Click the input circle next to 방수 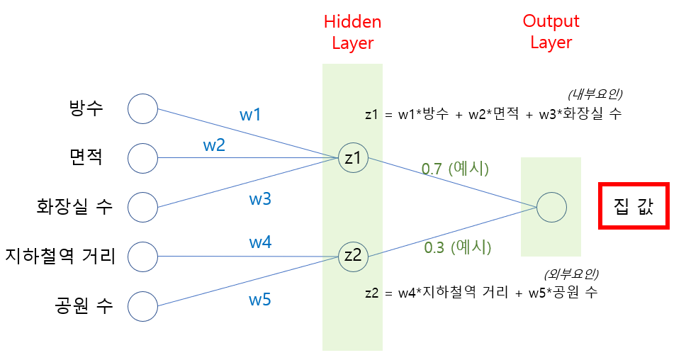[142, 108]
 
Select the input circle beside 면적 [142, 158]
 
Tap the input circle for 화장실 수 [142, 208]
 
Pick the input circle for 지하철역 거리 [142, 257]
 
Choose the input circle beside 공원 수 [142, 307]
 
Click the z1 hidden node [352, 158]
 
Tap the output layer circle [551, 208]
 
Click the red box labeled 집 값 [634, 206]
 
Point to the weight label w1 [250, 113]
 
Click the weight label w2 [214, 145]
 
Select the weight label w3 [260, 198]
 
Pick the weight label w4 [260, 242]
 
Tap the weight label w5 [260, 299]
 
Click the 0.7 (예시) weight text [455, 169]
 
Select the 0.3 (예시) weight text [457, 247]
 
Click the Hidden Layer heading [352, 33]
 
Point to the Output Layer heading [551, 32]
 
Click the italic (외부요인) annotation [570, 274]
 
